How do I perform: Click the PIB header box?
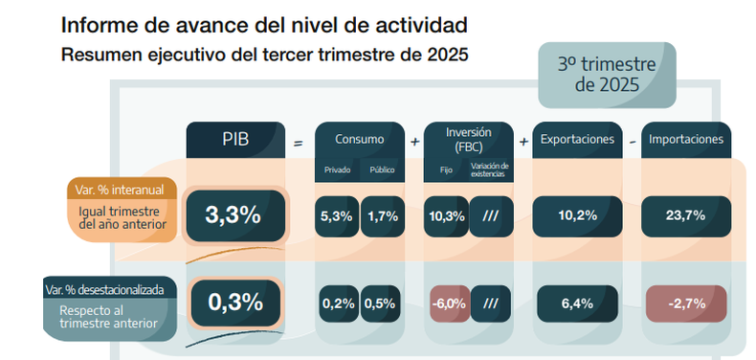click(x=235, y=140)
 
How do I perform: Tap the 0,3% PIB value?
click(x=235, y=304)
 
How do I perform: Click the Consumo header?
click(x=360, y=140)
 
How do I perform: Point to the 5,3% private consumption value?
click(x=337, y=216)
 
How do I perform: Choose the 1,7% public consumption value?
click(x=383, y=216)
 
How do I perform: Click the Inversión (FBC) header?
click(x=469, y=140)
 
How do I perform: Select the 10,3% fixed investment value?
click(x=446, y=216)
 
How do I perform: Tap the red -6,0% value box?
click(x=450, y=304)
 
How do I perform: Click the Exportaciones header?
click(x=578, y=140)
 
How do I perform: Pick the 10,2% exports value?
click(x=578, y=216)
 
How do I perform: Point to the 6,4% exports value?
click(x=577, y=304)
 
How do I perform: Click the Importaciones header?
click(x=686, y=140)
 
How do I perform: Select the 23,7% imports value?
click(x=686, y=216)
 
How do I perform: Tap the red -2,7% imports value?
click(x=686, y=304)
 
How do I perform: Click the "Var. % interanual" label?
click(x=122, y=190)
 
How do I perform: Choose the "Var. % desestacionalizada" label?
click(x=110, y=289)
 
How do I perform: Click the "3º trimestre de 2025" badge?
click(x=607, y=76)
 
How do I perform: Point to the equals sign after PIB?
click(x=299, y=143)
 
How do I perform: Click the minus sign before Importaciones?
click(x=633, y=143)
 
